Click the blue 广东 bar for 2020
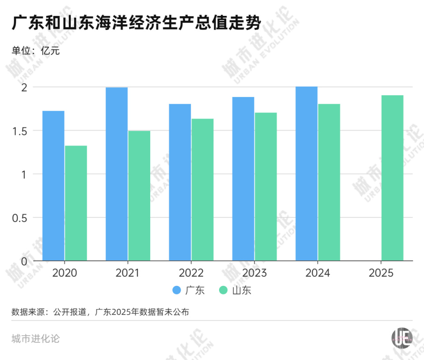click(x=53, y=186)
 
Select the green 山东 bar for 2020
click(x=76, y=203)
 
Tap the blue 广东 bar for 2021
click(x=117, y=174)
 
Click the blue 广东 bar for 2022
click(x=180, y=182)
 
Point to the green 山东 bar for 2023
click(x=266, y=187)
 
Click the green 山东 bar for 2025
click(x=392, y=178)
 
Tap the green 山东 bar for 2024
click(x=329, y=182)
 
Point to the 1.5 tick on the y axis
click(x=20, y=131)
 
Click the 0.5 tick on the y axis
click(x=20, y=217)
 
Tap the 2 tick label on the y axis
click(x=24, y=87)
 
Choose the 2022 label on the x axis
click(x=191, y=273)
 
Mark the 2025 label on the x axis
click(x=381, y=273)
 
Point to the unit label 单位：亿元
click(x=35, y=50)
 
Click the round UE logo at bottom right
click(x=401, y=338)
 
